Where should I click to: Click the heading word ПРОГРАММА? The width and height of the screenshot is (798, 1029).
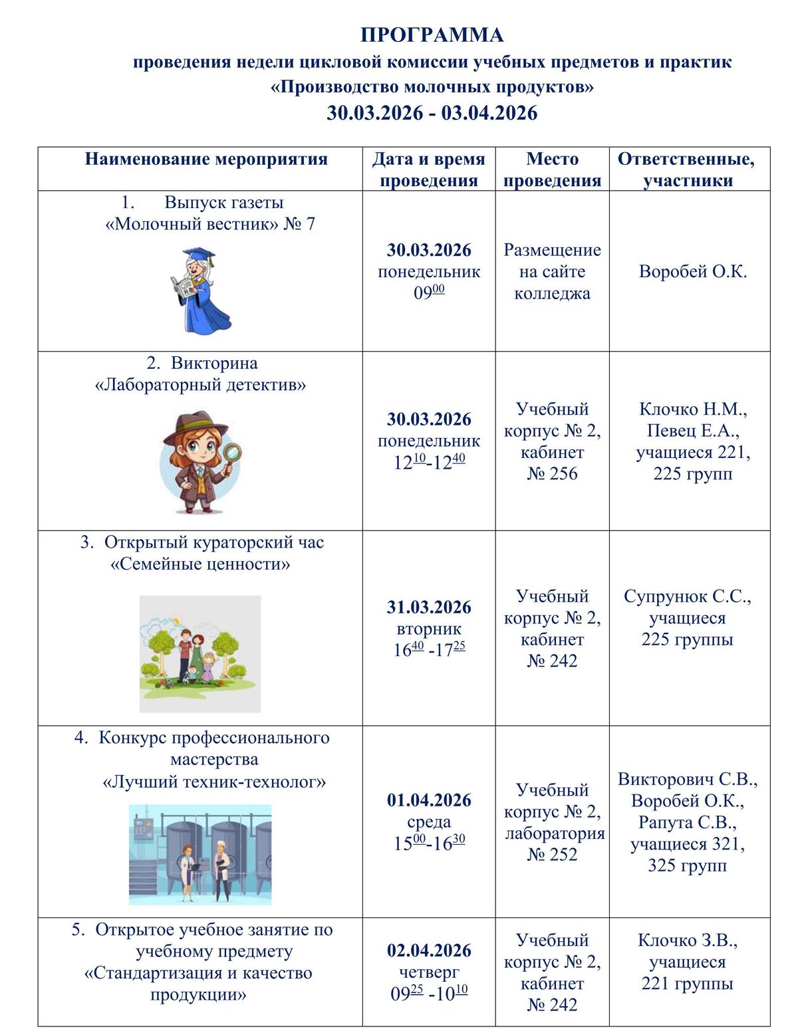[432, 35]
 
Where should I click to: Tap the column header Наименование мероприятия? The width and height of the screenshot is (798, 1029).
[206, 159]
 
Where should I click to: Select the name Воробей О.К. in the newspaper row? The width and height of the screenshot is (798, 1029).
[692, 271]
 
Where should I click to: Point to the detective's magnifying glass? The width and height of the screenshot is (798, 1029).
[231, 454]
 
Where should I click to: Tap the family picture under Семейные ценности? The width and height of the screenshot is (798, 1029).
[200, 653]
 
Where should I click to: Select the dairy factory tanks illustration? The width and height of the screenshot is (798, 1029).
[200, 854]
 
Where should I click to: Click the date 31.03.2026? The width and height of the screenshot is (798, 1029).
[429, 607]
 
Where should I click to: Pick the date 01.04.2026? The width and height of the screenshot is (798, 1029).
[429, 800]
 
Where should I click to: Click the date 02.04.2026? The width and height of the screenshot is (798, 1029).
[429, 950]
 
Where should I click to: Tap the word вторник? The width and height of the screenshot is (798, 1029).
[429, 629]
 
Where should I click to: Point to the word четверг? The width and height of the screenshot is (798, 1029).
[429, 972]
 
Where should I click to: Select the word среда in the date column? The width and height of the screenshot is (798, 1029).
[429, 822]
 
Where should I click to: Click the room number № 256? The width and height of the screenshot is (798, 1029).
[552, 474]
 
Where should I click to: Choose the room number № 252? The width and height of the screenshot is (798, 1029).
[552, 854]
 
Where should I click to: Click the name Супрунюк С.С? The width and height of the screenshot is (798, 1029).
[687, 596]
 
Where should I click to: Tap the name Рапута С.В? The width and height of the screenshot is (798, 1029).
[687, 822]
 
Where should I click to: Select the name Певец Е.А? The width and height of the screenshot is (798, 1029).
[692, 431]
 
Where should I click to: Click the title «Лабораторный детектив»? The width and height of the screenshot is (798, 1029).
[200, 385]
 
